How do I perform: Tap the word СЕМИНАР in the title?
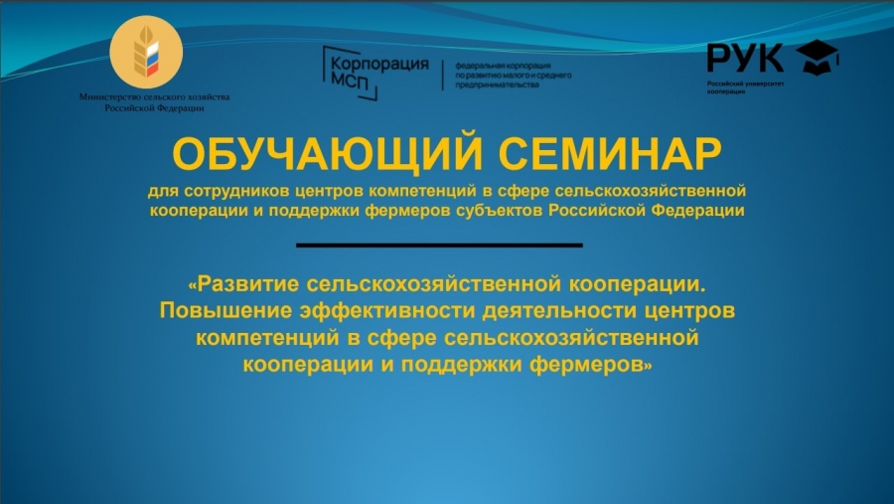(x=610, y=153)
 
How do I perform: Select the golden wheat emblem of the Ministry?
(x=146, y=52)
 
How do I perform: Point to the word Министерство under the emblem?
(x=109, y=97)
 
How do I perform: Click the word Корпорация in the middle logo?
(x=379, y=64)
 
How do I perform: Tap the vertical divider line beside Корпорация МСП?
(x=443, y=75)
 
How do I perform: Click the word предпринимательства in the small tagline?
(x=497, y=85)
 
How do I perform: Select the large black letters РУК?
(x=745, y=58)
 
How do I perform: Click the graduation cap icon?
(x=818, y=57)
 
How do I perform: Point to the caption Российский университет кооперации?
(x=745, y=87)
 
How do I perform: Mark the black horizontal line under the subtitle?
(x=440, y=246)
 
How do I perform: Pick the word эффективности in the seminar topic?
(x=387, y=310)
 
